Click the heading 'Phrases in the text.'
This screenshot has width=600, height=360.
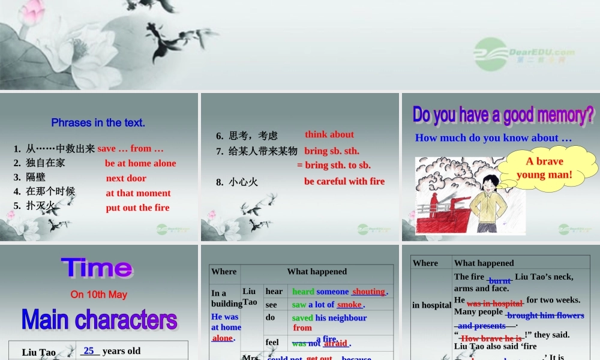(x=98, y=123)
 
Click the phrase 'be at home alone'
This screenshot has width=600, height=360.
(x=140, y=163)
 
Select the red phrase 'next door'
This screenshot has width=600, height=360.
(x=126, y=178)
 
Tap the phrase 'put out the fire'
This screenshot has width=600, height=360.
(x=137, y=208)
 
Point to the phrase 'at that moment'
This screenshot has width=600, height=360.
(x=138, y=193)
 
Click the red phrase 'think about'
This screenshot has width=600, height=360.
(x=329, y=134)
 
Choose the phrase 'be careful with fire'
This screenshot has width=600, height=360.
(x=344, y=181)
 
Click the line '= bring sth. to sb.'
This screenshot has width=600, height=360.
(x=334, y=165)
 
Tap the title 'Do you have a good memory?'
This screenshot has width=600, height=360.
(x=503, y=115)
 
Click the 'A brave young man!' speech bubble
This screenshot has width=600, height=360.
(x=544, y=168)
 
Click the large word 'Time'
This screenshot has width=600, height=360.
(x=97, y=268)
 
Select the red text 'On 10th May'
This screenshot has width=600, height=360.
(x=98, y=295)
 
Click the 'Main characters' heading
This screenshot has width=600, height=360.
(x=99, y=320)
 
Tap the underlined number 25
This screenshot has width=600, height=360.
(x=89, y=351)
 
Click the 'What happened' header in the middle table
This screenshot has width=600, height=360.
(x=317, y=272)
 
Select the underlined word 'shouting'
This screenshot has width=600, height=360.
(x=368, y=292)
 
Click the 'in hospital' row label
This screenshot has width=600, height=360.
(x=431, y=305)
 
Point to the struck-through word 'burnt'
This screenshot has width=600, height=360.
(x=500, y=280)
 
